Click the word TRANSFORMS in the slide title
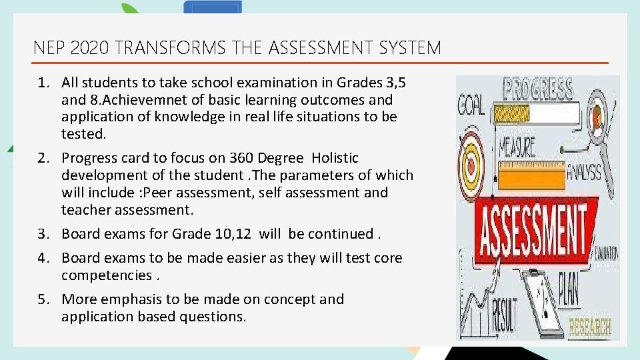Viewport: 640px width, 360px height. coord(169,48)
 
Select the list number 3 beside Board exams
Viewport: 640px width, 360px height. coord(43,234)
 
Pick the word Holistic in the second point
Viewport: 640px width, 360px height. coord(335,158)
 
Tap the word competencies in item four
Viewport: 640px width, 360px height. coord(107,275)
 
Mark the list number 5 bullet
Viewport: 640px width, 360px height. coord(43,299)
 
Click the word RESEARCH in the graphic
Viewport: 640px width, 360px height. coord(589,327)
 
